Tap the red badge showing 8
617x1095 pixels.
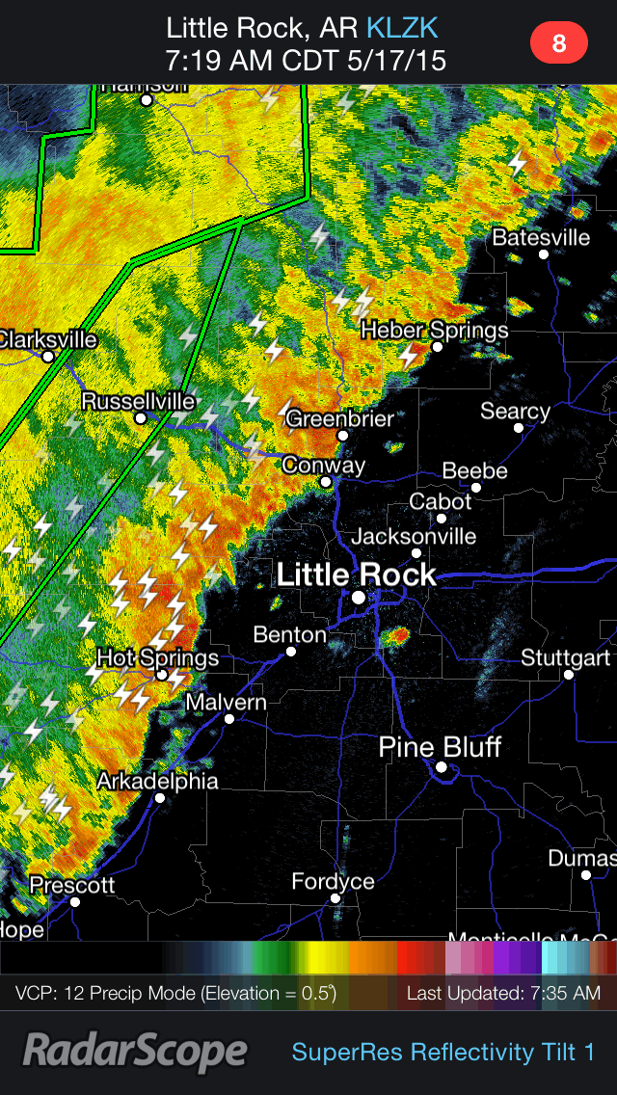tap(558, 42)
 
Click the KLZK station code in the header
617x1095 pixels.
tap(402, 27)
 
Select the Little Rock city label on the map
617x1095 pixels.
tap(357, 575)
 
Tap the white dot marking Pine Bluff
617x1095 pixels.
tap(441, 767)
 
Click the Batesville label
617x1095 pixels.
tap(541, 237)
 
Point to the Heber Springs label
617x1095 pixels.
tap(434, 331)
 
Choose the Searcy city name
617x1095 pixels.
tap(515, 412)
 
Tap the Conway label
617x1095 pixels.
tap(324, 466)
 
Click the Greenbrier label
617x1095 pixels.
tap(339, 418)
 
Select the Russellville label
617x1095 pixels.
tap(138, 401)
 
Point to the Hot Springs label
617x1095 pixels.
tap(158, 658)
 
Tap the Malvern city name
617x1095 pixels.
tap(226, 702)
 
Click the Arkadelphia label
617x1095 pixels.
tap(157, 781)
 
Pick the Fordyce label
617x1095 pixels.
tap(334, 882)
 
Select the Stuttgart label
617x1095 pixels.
tap(565, 657)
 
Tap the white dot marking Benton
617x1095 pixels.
tap(290, 652)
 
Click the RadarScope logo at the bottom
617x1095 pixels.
tap(135, 1052)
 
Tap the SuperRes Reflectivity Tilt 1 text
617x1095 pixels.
tap(443, 1052)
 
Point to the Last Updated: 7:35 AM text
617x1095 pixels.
tap(503, 993)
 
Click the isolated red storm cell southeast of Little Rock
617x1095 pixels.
tap(398, 635)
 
